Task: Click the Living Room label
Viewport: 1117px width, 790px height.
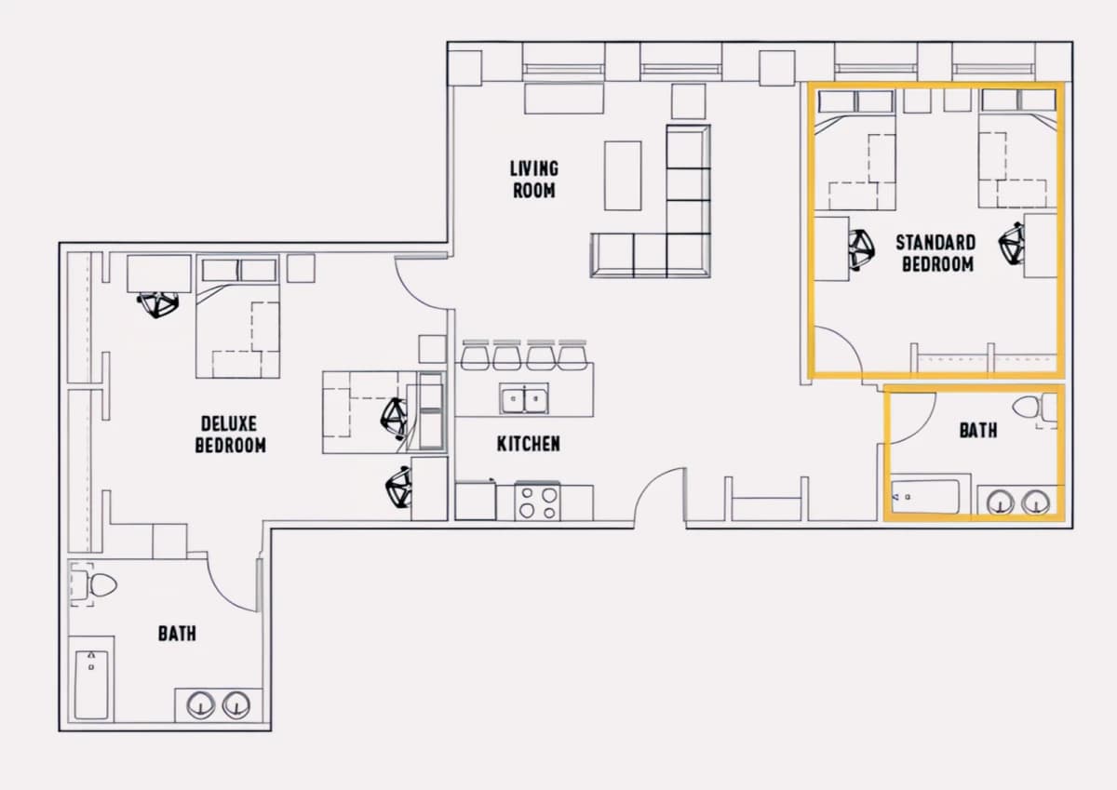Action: click(534, 180)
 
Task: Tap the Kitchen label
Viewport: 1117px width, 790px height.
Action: click(529, 444)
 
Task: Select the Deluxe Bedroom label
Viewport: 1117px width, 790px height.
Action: click(231, 435)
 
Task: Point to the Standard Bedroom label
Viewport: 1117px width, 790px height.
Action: click(936, 253)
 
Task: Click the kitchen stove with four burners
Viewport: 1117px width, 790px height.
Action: click(537, 502)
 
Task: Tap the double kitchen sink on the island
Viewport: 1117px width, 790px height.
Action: click(524, 399)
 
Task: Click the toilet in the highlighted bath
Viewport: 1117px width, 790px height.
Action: click(1035, 408)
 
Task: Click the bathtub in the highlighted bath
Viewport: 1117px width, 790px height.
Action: click(925, 497)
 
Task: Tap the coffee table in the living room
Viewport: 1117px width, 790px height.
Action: click(623, 176)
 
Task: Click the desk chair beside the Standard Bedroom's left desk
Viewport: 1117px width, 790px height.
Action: click(862, 249)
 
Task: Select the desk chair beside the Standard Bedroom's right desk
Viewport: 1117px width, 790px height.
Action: click(1012, 244)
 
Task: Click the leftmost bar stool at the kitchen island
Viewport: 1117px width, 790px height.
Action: click(475, 355)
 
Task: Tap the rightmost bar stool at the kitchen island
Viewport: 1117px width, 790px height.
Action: click(572, 355)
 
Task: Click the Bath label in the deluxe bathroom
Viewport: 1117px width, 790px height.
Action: click(177, 634)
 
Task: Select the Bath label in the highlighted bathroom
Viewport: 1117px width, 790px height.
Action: click(978, 430)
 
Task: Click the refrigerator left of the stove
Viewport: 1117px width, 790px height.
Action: click(476, 501)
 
